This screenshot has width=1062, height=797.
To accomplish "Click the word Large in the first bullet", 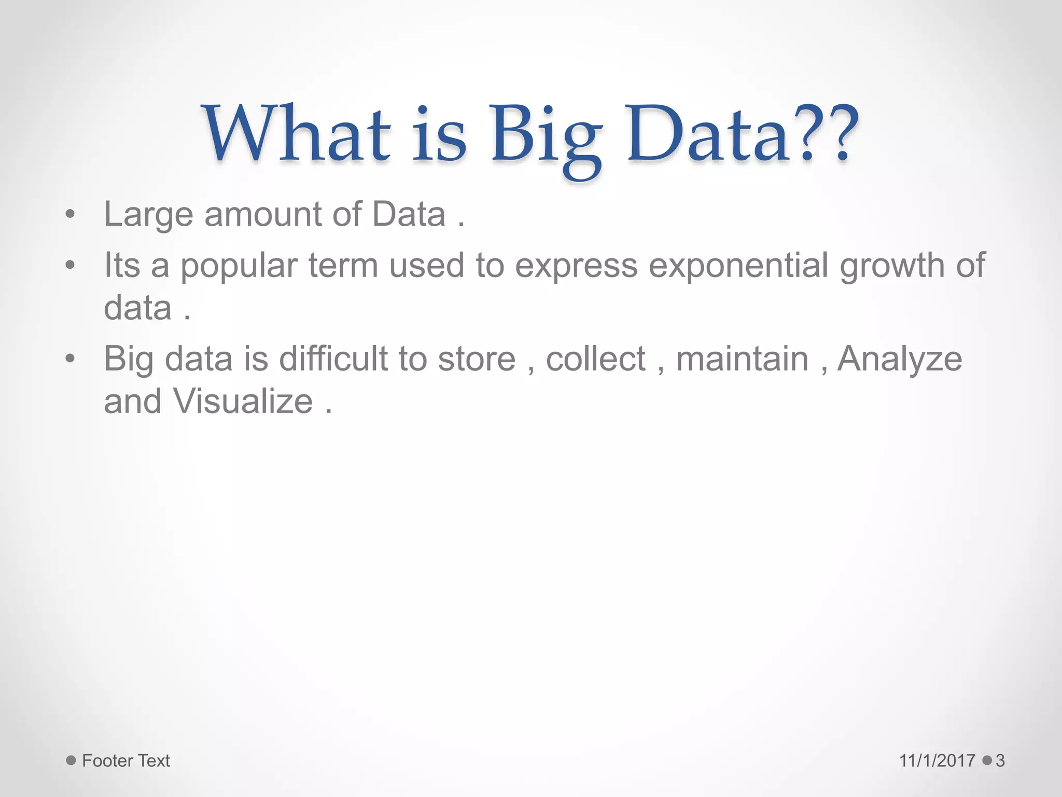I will (148, 215).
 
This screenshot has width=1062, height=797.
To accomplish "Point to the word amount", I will (263, 215).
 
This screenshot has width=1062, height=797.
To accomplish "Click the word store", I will (477, 359).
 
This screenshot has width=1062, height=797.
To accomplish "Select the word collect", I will (595, 359).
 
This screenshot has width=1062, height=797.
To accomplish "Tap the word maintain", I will (742, 359).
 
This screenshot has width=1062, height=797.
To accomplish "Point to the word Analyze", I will (900, 359).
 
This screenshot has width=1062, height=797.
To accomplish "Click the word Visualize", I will (243, 402).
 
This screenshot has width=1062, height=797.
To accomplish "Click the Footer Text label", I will (126, 761).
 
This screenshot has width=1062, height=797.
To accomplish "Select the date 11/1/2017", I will (937, 761).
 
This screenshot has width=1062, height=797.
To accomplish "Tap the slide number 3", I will (1000, 761).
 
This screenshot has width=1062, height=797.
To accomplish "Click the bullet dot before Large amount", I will (71, 215).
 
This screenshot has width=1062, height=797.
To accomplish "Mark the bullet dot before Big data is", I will (71, 359).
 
